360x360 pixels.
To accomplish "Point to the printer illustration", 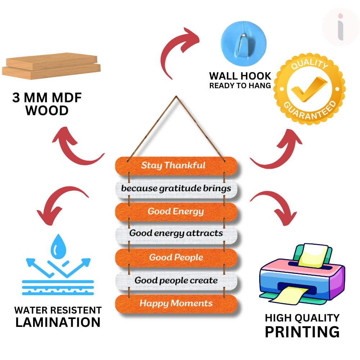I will click(x=302, y=273).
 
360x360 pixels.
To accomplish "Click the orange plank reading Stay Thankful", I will click(x=176, y=165).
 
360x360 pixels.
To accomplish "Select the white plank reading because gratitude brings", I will click(x=176, y=188).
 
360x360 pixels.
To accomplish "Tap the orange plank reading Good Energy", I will click(x=176, y=211).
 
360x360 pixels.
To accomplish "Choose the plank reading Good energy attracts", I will click(x=176, y=233).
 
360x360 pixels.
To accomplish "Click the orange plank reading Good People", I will click(x=176, y=257).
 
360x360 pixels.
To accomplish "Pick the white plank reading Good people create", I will click(x=176, y=280).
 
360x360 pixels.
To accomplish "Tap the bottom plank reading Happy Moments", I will click(x=176, y=303).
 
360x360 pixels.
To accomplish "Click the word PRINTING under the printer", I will click(x=302, y=332).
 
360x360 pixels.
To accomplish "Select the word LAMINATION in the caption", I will click(x=58, y=322).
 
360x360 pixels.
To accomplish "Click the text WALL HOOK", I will click(x=240, y=76).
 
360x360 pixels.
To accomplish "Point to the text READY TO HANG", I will click(x=240, y=86).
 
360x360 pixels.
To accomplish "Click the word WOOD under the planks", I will click(x=47, y=111).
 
